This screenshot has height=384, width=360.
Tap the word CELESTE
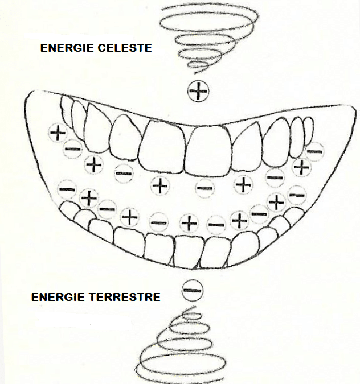(x=125, y=48)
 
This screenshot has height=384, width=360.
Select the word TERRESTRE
(x=124, y=297)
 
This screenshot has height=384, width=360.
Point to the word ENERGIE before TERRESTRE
(x=58, y=297)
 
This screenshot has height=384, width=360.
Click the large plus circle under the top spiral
(x=198, y=91)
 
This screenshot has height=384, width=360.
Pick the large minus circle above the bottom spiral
(x=193, y=291)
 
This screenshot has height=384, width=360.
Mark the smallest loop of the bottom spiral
(x=193, y=315)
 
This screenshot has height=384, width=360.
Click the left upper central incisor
(x=161, y=147)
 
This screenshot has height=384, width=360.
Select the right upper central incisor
(x=208, y=151)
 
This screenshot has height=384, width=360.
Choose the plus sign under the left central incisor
(x=160, y=185)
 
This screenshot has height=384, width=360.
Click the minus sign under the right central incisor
(x=204, y=188)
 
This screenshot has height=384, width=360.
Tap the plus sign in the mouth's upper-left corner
(x=58, y=133)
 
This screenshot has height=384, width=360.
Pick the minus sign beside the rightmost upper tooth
(x=314, y=151)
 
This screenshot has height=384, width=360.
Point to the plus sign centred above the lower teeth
(x=189, y=223)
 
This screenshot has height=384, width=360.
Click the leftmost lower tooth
(x=69, y=209)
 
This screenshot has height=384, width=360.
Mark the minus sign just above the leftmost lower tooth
(x=67, y=189)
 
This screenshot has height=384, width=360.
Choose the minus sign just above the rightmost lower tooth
(x=297, y=195)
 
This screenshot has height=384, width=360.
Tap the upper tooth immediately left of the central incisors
(x=126, y=138)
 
